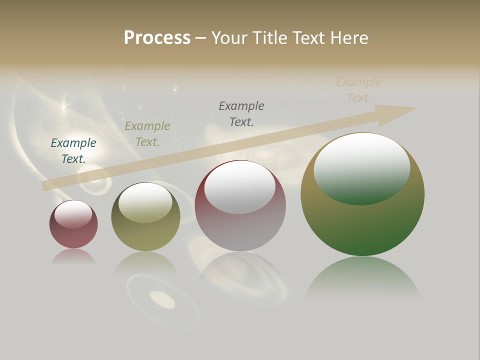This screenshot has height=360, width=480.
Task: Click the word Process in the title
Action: coord(157,38)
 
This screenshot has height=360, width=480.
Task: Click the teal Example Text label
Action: coord(73,151)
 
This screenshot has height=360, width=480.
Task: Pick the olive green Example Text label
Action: coord(147,134)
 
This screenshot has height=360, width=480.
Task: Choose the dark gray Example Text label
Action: coord(241,114)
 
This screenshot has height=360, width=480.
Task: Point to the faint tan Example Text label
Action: coord(359,90)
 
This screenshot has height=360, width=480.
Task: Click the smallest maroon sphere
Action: coord(73,235)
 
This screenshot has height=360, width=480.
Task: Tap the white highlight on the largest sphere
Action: coord(362,167)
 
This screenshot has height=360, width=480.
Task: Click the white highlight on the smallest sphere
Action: coord(73,214)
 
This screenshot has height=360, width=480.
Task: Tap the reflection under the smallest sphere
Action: coord(73,256)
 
